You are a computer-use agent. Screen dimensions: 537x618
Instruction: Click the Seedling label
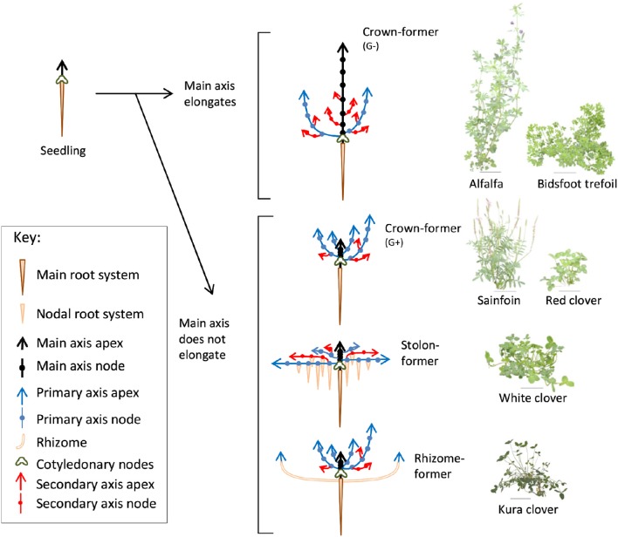[61, 147]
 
